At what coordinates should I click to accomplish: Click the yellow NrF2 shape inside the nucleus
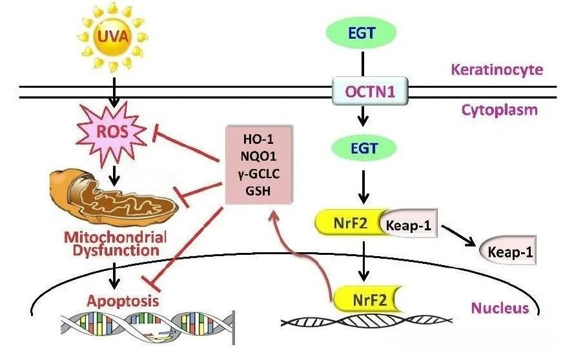pyautogui.click(x=363, y=299)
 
